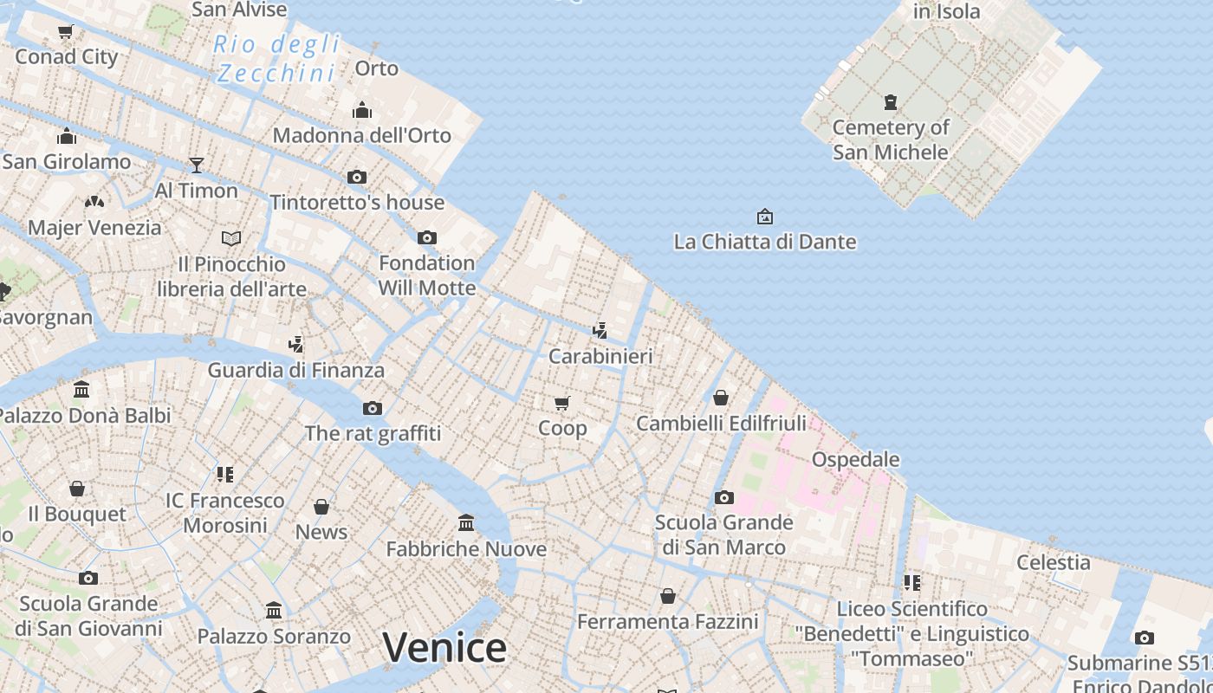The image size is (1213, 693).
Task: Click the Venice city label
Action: click(444, 648)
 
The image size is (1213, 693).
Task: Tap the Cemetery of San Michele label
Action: click(891, 139)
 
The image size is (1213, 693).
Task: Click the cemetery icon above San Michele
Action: click(890, 102)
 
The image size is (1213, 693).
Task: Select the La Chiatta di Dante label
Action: click(764, 242)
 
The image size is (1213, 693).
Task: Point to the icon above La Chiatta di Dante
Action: click(764, 217)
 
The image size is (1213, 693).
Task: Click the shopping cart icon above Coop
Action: click(562, 403)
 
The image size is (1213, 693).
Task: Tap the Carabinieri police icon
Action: click(600, 330)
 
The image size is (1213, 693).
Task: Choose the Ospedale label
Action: click(855, 459)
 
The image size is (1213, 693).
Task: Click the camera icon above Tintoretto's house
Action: click(356, 177)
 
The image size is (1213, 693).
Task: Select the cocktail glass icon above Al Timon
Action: click(197, 165)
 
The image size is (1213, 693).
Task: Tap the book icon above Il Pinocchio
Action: click(231, 238)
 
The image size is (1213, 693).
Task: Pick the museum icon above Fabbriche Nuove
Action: click(466, 522)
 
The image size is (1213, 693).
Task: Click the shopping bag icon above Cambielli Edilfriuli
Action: click(720, 398)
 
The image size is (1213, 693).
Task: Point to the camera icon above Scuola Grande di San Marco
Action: click(723, 497)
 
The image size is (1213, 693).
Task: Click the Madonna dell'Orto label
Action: click(361, 135)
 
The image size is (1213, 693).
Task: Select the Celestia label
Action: click(1053, 562)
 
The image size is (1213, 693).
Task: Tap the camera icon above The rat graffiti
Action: click(372, 408)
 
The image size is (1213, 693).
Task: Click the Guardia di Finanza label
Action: click(295, 370)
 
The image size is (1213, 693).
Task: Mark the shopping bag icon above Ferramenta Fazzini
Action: click(667, 596)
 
